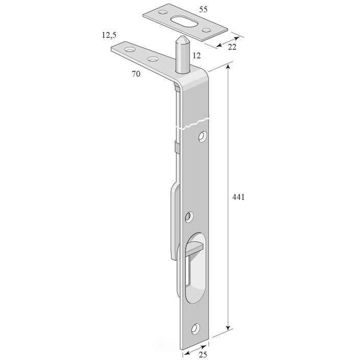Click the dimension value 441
(x=238, y=197)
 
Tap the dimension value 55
(x=203, y=9)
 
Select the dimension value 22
(x=232, y=47)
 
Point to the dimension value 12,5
(x=109, y=35)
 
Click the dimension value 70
(x=136, y=74)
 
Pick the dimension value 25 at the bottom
(x=203, y=354)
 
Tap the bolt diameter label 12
(x=197, y=55)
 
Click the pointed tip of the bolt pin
(x=181, y=36)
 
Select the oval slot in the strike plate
(x=184, y=21)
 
